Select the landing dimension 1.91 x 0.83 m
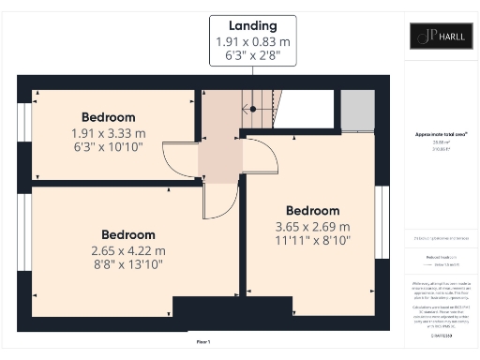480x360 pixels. (x=252, y=42)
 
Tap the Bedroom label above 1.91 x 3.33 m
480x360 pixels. (x=108, y=117)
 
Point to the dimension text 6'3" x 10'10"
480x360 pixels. (x=108, y=148)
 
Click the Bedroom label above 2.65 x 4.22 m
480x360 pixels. (x=128, y=234)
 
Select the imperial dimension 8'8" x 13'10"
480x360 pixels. (x=128, y=265)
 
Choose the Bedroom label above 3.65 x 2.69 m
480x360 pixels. (x=312, y=210)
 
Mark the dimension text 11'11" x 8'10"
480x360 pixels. (x=312, y=241)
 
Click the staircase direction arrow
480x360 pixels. (x=251, y=109)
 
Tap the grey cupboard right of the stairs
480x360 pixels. (x=356, y=112)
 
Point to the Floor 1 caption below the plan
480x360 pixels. (x=202, y=342)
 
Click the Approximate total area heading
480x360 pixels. (x=441, y=134)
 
